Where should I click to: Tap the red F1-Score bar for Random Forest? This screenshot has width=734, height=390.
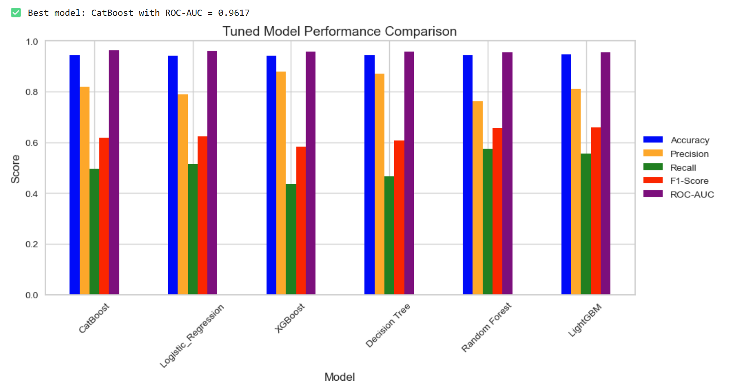(x=497, y=211)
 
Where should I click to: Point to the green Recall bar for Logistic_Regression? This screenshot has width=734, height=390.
(x=193, y=229)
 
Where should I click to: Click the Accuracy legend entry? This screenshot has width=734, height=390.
(x=690, y=140)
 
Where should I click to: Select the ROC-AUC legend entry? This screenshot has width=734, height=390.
(x=692, y=194)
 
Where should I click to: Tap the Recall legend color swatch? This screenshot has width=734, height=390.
(x=653, y=167)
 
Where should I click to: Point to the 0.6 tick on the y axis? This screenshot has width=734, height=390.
(x=32, y=143)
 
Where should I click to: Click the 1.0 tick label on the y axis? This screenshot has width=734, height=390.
(x=32, y=42)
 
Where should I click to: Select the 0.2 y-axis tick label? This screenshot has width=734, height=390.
(x=32, y=244)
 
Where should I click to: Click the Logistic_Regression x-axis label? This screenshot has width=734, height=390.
(x=192, y=336)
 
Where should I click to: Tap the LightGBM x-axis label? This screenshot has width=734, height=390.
(x=585, y=320)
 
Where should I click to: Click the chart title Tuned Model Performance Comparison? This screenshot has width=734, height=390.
(x=339, y=31)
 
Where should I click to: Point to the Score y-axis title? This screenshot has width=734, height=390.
(x=15, y=169)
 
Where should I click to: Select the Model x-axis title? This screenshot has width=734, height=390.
(x=339, y=377)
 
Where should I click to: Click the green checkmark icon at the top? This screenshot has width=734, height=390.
(x=16, y=13)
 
